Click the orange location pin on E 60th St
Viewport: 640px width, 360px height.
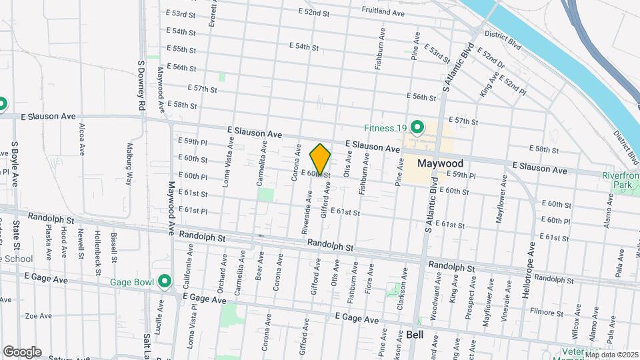click(x=320, y=159)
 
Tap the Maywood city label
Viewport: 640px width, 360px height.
click(x=440, y=163)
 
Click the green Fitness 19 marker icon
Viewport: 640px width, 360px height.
click(x=418, y=127)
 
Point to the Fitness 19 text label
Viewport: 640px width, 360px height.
click(x=385, y=128)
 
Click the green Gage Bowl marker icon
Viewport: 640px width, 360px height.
click(x=165, y=282)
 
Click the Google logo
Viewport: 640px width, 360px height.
click(x=22, y=351)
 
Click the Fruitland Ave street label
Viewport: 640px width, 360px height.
click(x=383, y=12)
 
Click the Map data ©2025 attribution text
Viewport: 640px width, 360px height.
click(x=611, y=354)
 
